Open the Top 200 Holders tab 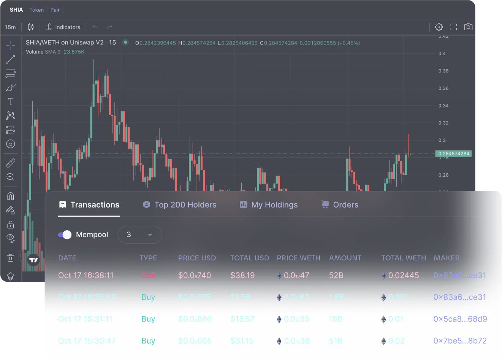coord(180,205)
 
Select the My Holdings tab coord(269,205)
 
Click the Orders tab coord(340,205)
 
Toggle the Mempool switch coord(65,235)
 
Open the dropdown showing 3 coord(139,235)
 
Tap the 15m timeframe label coord(10,27)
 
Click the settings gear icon coord(439,27)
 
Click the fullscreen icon coord(454,27)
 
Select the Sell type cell coord(148,275)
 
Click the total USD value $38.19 coord(242,275)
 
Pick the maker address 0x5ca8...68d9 coord(460,319)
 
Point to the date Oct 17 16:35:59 coord(87,297)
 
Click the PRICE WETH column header coord(298,258)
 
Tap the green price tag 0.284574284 coord(454,154)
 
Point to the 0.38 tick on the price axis coord(443,71)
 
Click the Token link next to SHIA coord(36,10)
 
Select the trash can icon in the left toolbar coord(11,258)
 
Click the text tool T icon coord(11,101)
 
